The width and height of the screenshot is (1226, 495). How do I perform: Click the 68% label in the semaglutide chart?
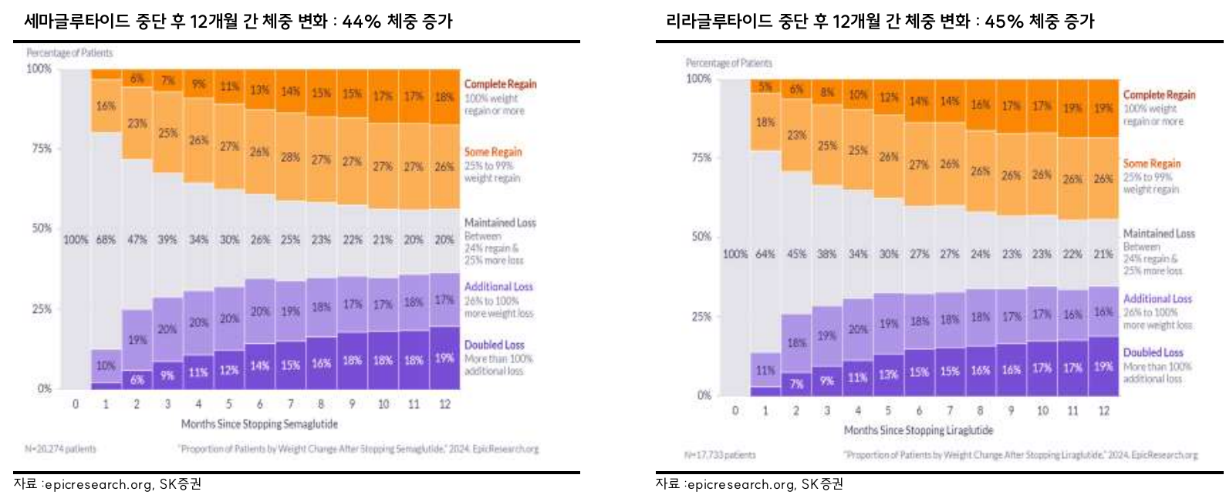[x=106, y=240]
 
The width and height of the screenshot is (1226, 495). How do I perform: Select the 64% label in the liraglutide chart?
[x=765, y=254]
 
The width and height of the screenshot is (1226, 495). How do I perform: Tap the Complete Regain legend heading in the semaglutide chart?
[x=500, y=84]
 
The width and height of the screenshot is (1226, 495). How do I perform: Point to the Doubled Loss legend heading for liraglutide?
[x=1153, y=352]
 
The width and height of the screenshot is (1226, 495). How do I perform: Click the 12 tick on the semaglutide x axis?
[x=444, y=404]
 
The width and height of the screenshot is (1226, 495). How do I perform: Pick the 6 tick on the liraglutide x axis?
[x=919, y=411]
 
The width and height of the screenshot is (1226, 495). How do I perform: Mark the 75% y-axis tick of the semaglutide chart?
[x=42, y=148]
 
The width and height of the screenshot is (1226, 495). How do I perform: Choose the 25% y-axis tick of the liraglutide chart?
[x=701, y=316]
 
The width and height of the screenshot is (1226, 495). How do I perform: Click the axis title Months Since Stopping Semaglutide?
[x=259, y=424]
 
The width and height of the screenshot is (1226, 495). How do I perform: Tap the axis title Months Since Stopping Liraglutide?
[x=918, y=430]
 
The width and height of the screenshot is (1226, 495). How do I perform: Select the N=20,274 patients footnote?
[x=61, y=449]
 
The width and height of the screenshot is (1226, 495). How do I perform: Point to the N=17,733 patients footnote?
[x=720, y=455]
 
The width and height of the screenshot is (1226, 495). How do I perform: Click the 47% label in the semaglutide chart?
[x=137, y=240]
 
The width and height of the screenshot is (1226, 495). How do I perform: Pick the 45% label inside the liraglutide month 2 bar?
[x=795, y=254]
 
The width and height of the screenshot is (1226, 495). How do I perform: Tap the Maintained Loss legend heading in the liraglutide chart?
[x=1158, y=234]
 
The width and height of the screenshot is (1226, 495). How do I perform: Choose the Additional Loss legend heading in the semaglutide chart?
[x=498, y=287]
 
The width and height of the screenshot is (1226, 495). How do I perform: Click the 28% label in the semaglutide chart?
[x=290, y=157]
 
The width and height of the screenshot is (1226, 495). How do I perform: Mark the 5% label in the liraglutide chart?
[x=765, y=87]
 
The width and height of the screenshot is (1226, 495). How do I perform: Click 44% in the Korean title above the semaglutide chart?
[x=362, y=22]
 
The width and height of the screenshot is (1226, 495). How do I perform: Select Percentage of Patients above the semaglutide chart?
[x=69, y=53]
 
